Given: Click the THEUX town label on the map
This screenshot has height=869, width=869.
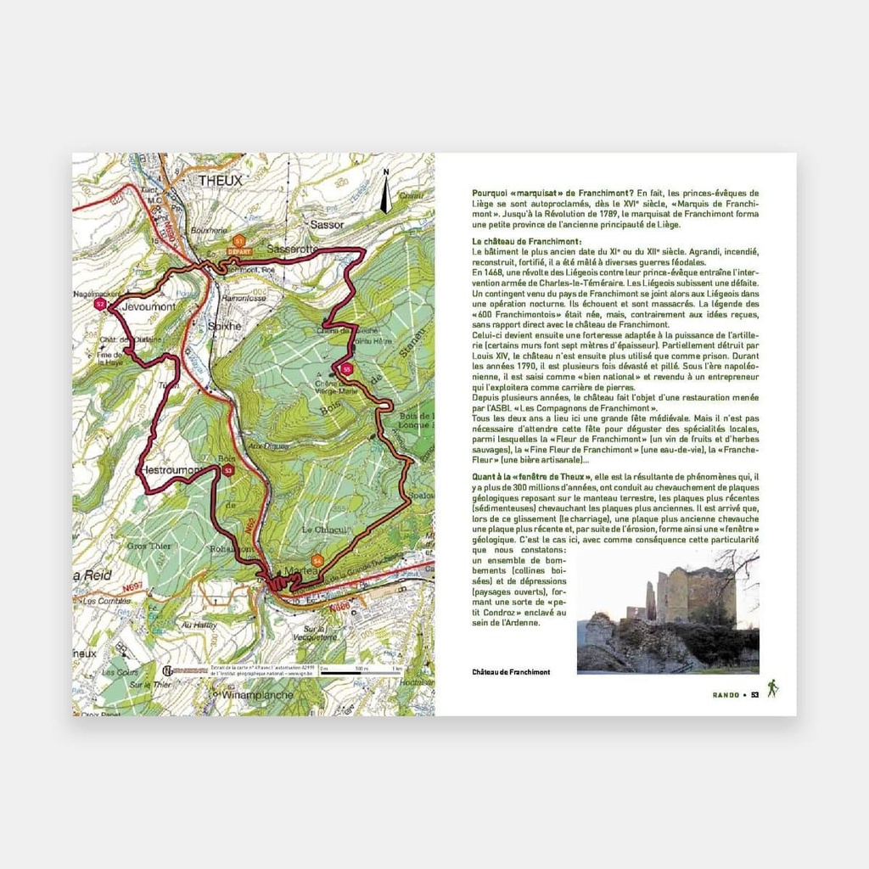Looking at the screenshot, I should tap(220, 181).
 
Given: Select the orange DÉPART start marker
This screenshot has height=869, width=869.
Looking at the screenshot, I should tap(240, 244).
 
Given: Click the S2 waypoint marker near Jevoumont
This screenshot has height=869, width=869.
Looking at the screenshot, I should tap(100, 303).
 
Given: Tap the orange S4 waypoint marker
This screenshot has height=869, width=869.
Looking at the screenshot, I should tap(317, 561).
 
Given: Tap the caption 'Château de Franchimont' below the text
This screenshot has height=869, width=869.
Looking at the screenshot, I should tap(511, 672).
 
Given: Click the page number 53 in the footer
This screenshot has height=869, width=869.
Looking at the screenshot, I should tap(754, 696).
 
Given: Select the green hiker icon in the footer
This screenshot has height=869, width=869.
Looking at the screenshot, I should tap(772, 688).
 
